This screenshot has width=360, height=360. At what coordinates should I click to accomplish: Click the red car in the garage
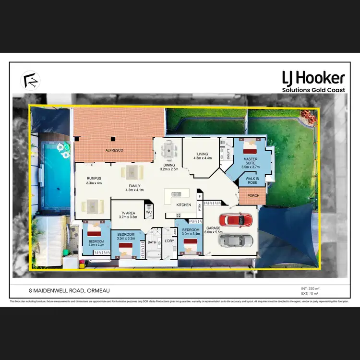click(237, 221)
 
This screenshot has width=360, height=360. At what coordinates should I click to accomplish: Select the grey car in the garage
click(236, 240)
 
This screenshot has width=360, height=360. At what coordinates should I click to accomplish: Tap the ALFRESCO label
click(115, 151)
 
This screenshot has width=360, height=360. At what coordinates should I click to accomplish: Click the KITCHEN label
click(183, 205)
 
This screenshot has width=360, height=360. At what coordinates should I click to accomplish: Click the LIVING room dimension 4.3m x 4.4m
click(203, 158)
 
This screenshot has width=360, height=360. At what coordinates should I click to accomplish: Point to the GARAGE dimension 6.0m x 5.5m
click(213, 232)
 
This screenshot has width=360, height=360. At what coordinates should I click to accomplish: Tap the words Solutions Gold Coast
click(314, 90)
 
